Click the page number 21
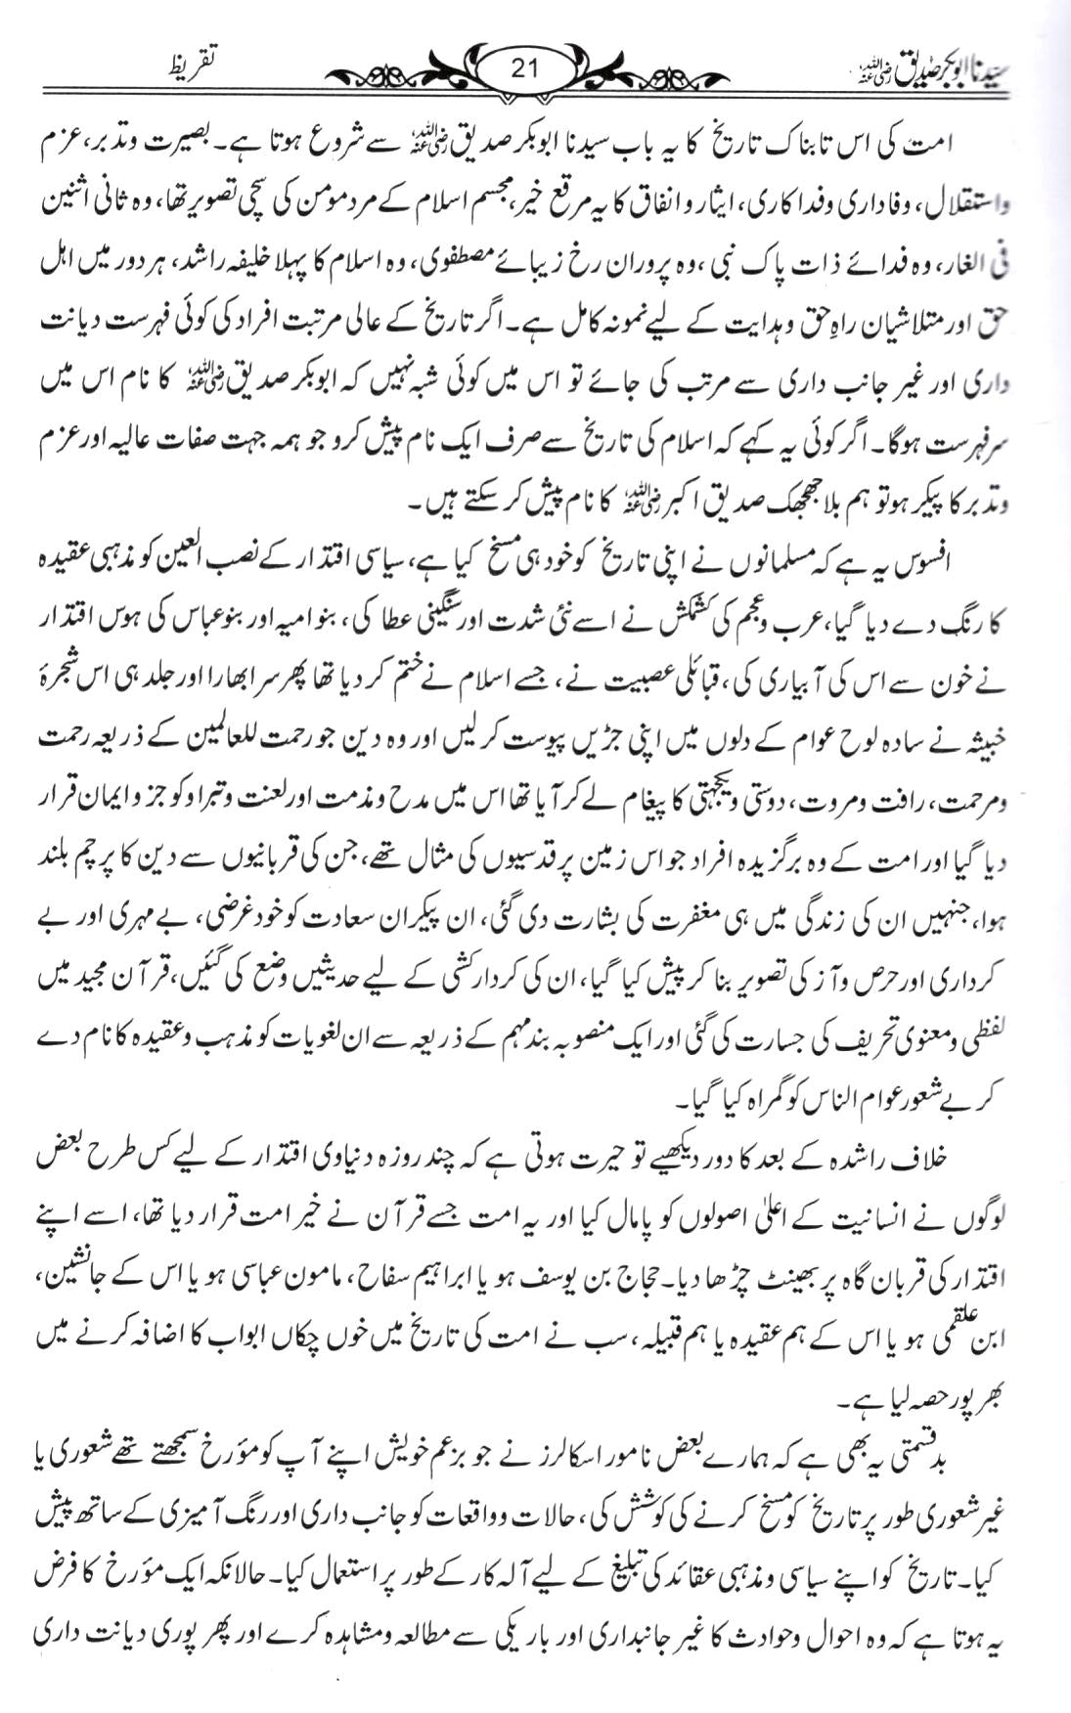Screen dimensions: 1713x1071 (x=525, y=68)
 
